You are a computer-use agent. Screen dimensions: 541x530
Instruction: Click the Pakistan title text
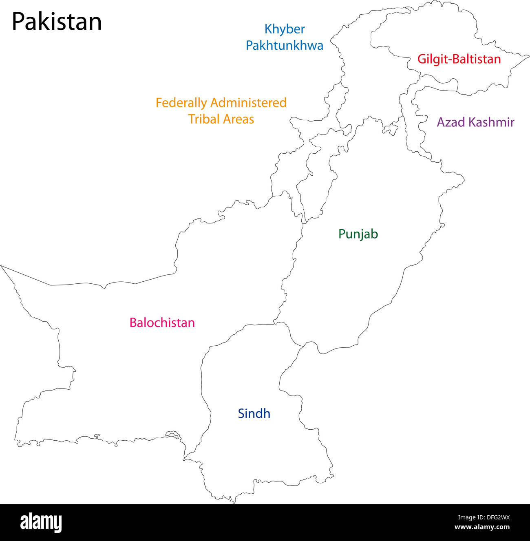coord(57,22)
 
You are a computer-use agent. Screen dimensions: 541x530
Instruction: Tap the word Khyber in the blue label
coord(285,29)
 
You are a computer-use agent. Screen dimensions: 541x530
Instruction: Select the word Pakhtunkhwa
coord(285,45)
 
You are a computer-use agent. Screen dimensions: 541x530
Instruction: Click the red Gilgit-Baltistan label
coord(459,59)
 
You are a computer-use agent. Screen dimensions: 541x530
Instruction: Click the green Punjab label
coord(358,234)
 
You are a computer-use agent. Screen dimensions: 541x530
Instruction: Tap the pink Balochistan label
coord(162,322)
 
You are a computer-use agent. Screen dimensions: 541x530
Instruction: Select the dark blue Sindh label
coord(254,413)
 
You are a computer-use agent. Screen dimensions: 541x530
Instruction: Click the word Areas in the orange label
coord(238,119)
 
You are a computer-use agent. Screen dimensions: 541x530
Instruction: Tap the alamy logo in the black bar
coord(41,522)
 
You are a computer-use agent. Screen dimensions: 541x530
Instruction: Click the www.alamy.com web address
coord(482,527)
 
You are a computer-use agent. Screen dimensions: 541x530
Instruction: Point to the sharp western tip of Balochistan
coord(1,266)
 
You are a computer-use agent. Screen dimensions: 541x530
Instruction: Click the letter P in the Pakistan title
coord(18,22)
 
